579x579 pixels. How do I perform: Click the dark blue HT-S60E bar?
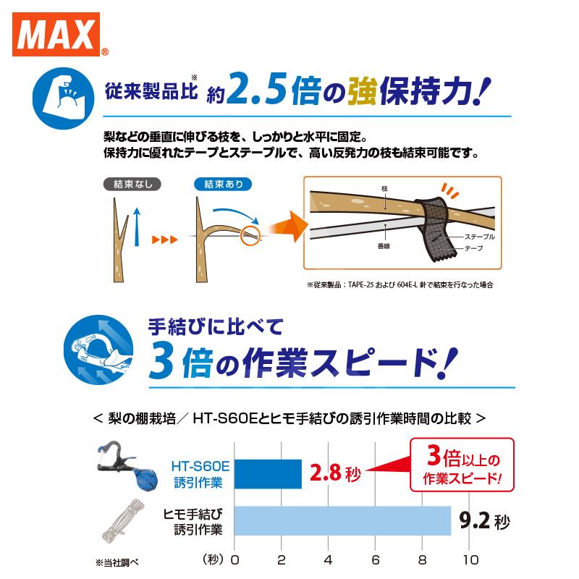coord(268,473)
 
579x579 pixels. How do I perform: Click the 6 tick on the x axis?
coord(376,559)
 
